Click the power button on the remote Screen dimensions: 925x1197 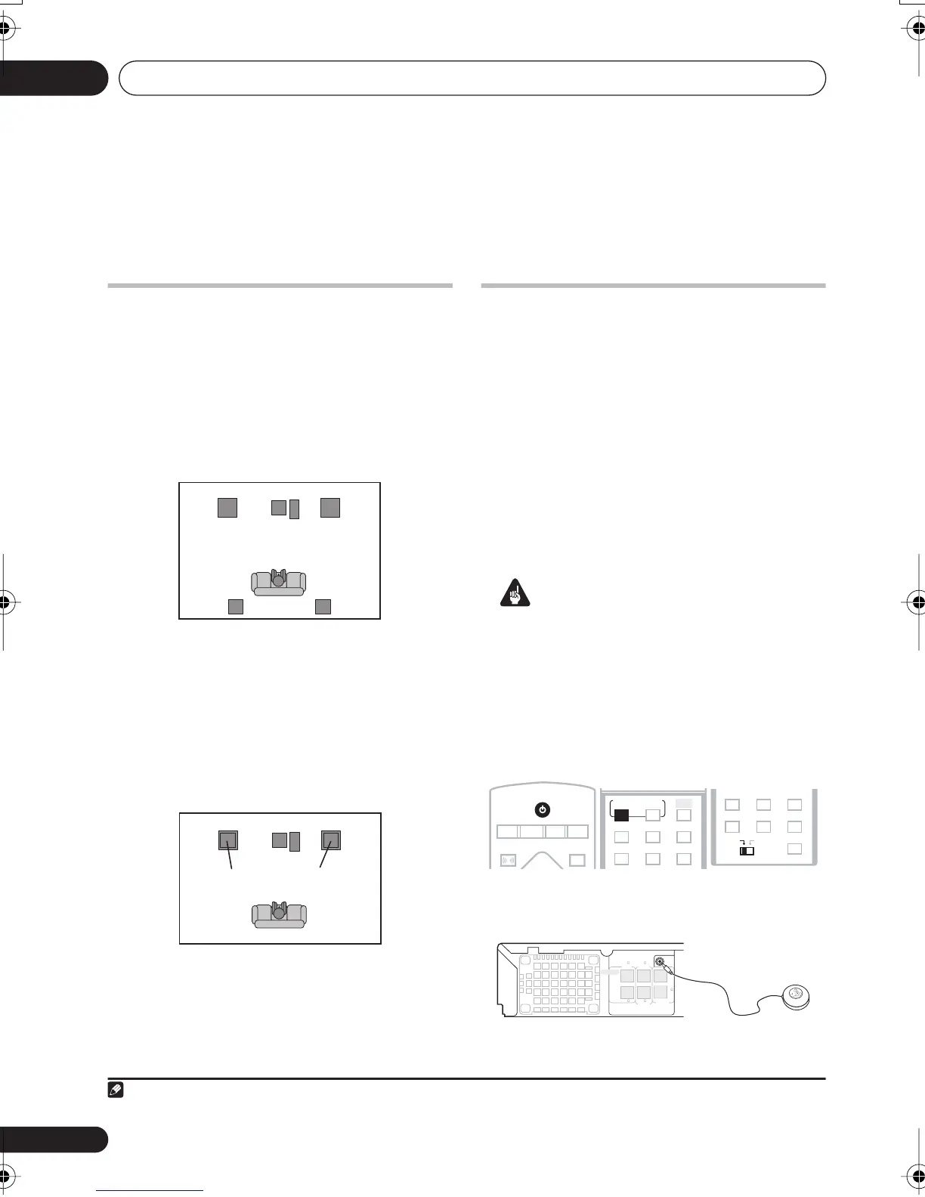point(542,810)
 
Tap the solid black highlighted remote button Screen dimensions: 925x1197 point(621,815)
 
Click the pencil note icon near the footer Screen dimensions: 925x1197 point(117,1090)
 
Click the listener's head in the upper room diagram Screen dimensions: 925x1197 point(279,581)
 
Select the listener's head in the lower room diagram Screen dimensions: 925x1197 point(279,912)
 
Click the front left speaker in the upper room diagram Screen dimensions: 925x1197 point(227,507)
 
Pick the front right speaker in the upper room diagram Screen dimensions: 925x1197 point(330,507)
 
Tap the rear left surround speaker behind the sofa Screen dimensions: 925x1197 point(236,606)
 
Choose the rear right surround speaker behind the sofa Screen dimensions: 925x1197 point(323,606)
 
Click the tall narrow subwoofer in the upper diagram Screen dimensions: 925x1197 point(295,509)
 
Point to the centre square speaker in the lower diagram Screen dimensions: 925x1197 point(280,840)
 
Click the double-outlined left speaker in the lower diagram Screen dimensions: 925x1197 point(228,840)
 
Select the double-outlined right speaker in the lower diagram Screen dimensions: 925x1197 point(331,840)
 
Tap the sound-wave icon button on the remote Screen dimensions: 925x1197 point(508,860)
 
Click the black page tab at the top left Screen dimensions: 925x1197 point(53,78)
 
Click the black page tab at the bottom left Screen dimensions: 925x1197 point(53,1139)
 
